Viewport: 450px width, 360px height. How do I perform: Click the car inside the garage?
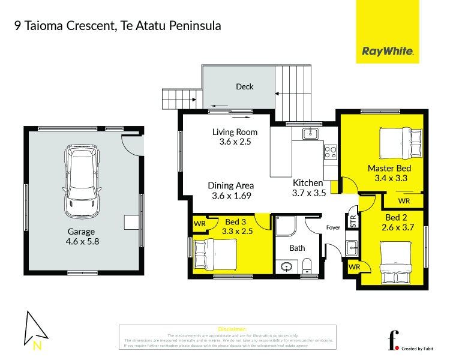(x=82, y=183)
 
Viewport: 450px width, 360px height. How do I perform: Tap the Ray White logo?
(x=388, y=52)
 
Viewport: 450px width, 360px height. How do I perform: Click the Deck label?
(x=244, y=86)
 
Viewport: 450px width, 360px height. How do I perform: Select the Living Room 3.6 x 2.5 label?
(x=235, y=137)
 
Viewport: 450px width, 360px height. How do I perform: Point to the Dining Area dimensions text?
(x=231, y=196)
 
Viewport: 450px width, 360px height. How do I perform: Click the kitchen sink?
(x=310, y=133)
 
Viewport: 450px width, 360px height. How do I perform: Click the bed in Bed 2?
(x=396, y=262)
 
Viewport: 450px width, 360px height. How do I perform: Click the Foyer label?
(x=333, y=228)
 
